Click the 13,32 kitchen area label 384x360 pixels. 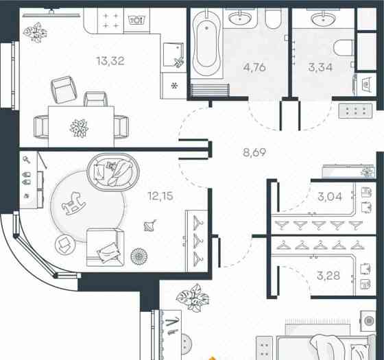(110, 61)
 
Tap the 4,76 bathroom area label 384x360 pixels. (254, 67)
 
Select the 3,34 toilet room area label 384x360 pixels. (320, 67)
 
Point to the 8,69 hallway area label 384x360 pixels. (254, 152)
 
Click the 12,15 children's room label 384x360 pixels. (160, 196)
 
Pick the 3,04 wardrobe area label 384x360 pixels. (330, 196)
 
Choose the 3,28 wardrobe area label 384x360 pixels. (328, 276)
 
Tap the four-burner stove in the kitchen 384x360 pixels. (110, 21)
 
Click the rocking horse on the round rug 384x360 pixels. (73, 203)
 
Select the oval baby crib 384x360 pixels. (113, 172)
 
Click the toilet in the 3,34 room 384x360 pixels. (344, 48)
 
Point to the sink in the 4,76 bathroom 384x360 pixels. (240, 19)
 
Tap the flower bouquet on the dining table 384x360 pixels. (79, 128)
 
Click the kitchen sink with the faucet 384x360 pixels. (174, 55)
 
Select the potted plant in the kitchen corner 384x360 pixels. (35, 32)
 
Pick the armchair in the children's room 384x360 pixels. (106, 248)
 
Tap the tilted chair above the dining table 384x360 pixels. (64, 90)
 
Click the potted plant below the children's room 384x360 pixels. (193, 298)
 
